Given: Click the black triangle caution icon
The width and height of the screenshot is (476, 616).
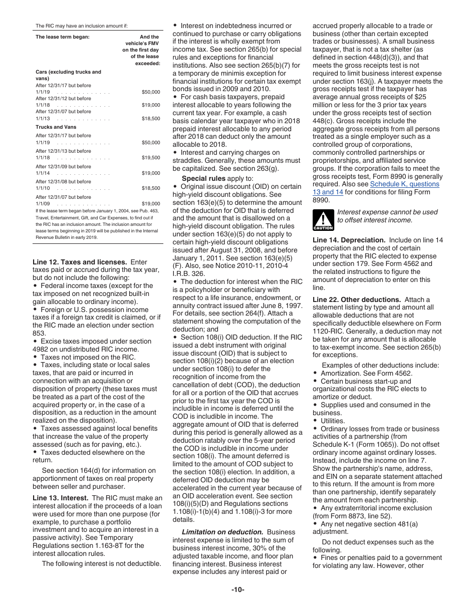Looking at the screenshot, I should pos(323,219).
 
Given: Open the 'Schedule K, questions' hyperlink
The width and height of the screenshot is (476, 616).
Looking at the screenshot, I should pos(404,184).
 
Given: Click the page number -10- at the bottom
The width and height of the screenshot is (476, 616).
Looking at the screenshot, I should pos(237,589).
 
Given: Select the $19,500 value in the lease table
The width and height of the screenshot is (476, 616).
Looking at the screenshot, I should pos(151,158).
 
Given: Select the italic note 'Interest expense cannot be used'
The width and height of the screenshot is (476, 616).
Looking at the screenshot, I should pos(387,212).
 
